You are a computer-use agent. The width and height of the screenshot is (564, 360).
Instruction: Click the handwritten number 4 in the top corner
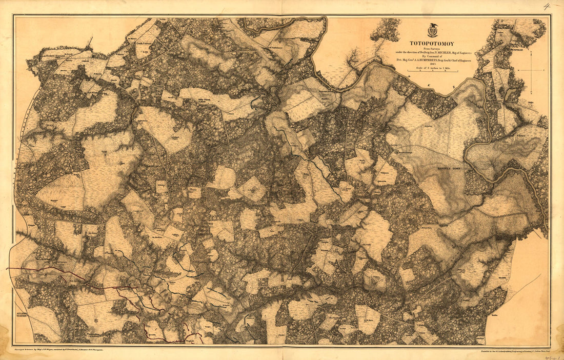(x=547, y=6)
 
